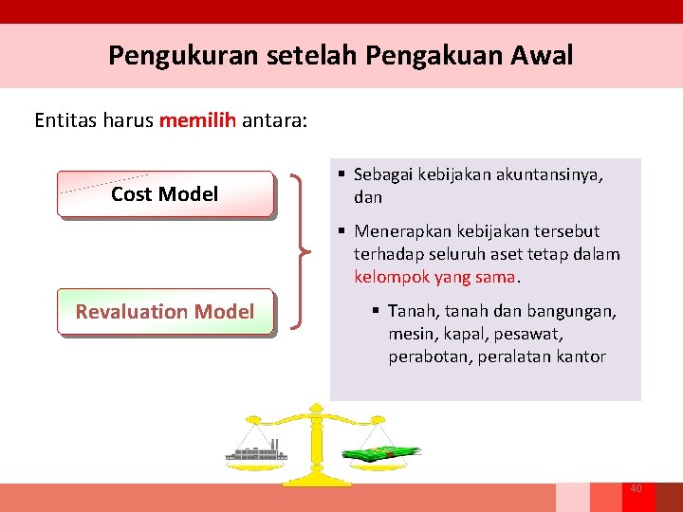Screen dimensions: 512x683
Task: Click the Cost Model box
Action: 164,194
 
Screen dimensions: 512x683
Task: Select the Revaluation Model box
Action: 164,312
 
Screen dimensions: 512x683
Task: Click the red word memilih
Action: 197,120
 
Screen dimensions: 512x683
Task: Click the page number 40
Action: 636,488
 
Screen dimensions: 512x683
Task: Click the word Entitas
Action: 65,120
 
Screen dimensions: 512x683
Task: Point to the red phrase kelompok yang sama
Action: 435,278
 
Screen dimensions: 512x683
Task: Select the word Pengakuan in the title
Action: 407,56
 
